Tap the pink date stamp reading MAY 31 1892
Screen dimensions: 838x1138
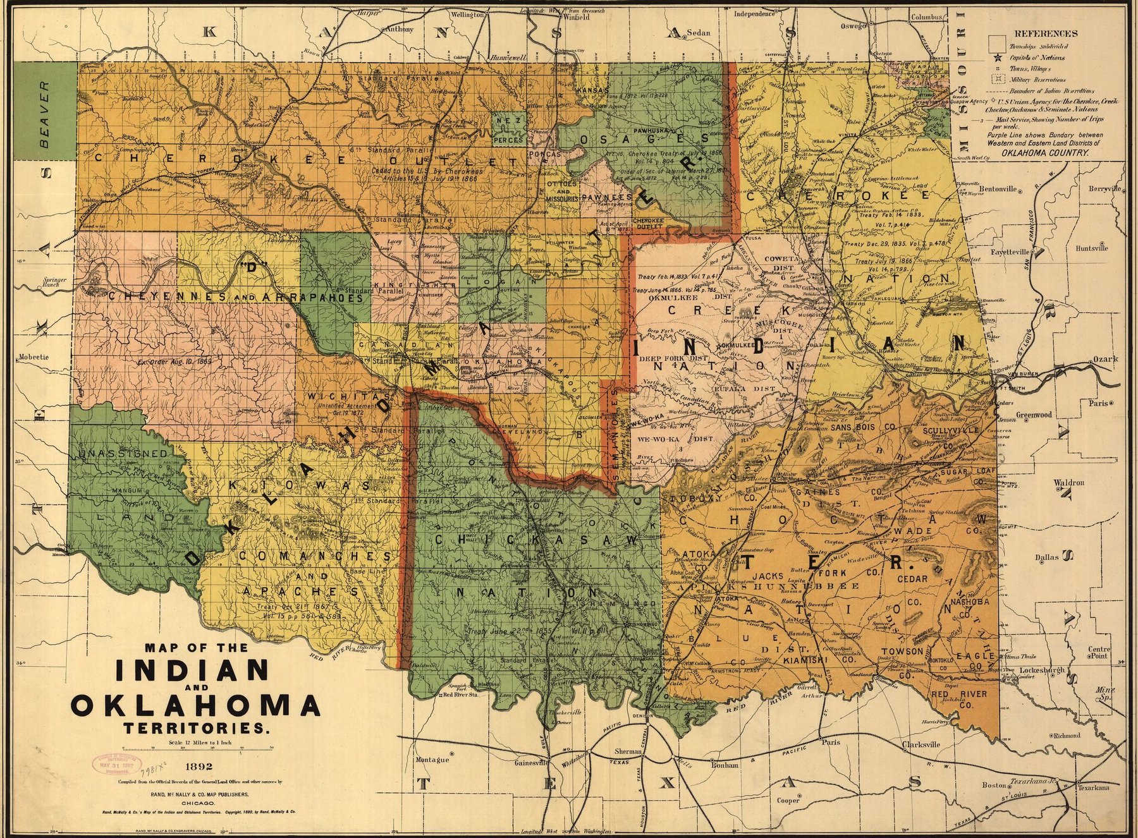(x=114, y=764)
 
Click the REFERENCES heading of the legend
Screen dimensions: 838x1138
(x=1046, y=33)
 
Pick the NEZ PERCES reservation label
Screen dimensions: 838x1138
(x=508, y=129)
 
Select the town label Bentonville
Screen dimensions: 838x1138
(x=998, y=188)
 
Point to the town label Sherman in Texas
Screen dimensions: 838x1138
(x=629, y=751)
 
